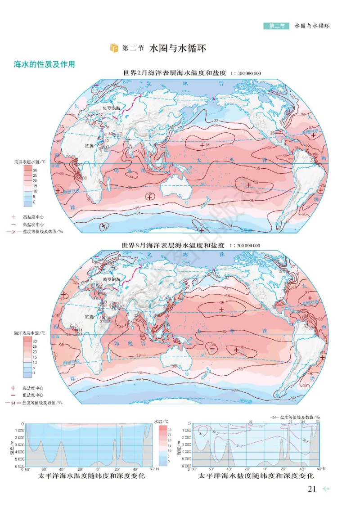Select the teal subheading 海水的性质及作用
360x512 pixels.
click(44, 64)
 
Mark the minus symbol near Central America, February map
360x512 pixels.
click(290, 158)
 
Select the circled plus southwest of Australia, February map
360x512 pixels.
click(149, 197)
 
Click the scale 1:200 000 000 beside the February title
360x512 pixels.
click(245, 74)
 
